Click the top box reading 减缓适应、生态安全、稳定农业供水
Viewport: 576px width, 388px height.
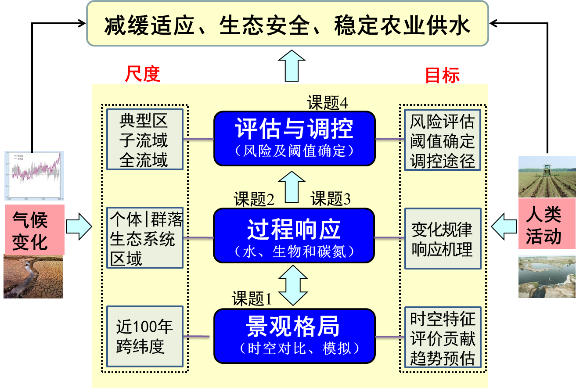click(x=287, y=24)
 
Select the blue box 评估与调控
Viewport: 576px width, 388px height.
click(x=294, y=138)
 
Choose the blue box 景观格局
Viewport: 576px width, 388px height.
click(x=294, y=336)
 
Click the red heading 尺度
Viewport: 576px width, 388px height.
click(x=143, y=74)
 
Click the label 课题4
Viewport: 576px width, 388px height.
click(x=328, y=103)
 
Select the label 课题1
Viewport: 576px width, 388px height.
click(x=252, y=299)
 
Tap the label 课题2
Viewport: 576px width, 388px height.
click(x=254, y=200)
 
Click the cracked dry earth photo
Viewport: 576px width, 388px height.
click(x=33, y=277)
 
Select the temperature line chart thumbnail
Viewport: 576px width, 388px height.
click(x=34, y=176)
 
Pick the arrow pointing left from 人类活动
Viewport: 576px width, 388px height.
click(x=504, y=226)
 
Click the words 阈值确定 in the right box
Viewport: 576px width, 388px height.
click(x=443, y=141)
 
